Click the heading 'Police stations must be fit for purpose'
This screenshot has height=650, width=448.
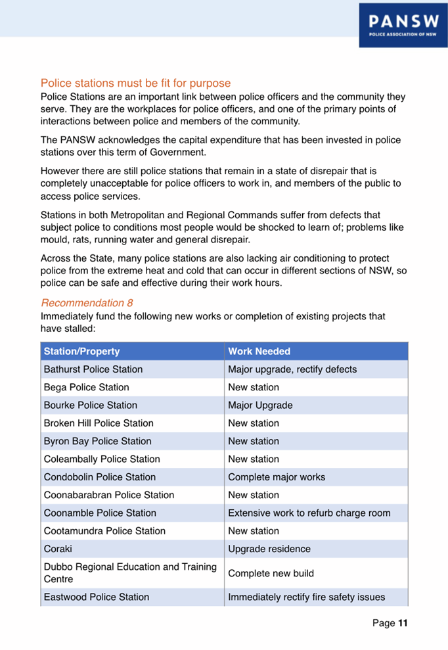point(135,83)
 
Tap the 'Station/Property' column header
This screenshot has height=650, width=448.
point(81,352)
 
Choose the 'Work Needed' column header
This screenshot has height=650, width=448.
point(259,352)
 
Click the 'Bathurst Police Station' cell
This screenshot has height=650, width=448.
point(93,369)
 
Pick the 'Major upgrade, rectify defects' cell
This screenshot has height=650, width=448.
point(292,369)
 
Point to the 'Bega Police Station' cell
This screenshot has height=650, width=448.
point(86,387)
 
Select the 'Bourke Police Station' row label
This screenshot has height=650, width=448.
point(90,405)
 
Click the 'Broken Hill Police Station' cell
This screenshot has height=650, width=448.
point(99,423)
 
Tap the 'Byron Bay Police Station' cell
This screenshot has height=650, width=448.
point(97,441)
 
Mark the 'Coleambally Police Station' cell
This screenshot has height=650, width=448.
point(102,459)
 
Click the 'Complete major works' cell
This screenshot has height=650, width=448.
point(277,477)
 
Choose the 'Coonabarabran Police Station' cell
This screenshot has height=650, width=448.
point(109,495)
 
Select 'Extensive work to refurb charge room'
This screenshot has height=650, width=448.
point(309,513)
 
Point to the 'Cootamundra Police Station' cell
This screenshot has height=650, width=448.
point(104,530)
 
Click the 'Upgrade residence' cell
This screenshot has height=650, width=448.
point(269,549)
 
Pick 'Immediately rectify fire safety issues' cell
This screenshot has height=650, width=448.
point(306,597)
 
